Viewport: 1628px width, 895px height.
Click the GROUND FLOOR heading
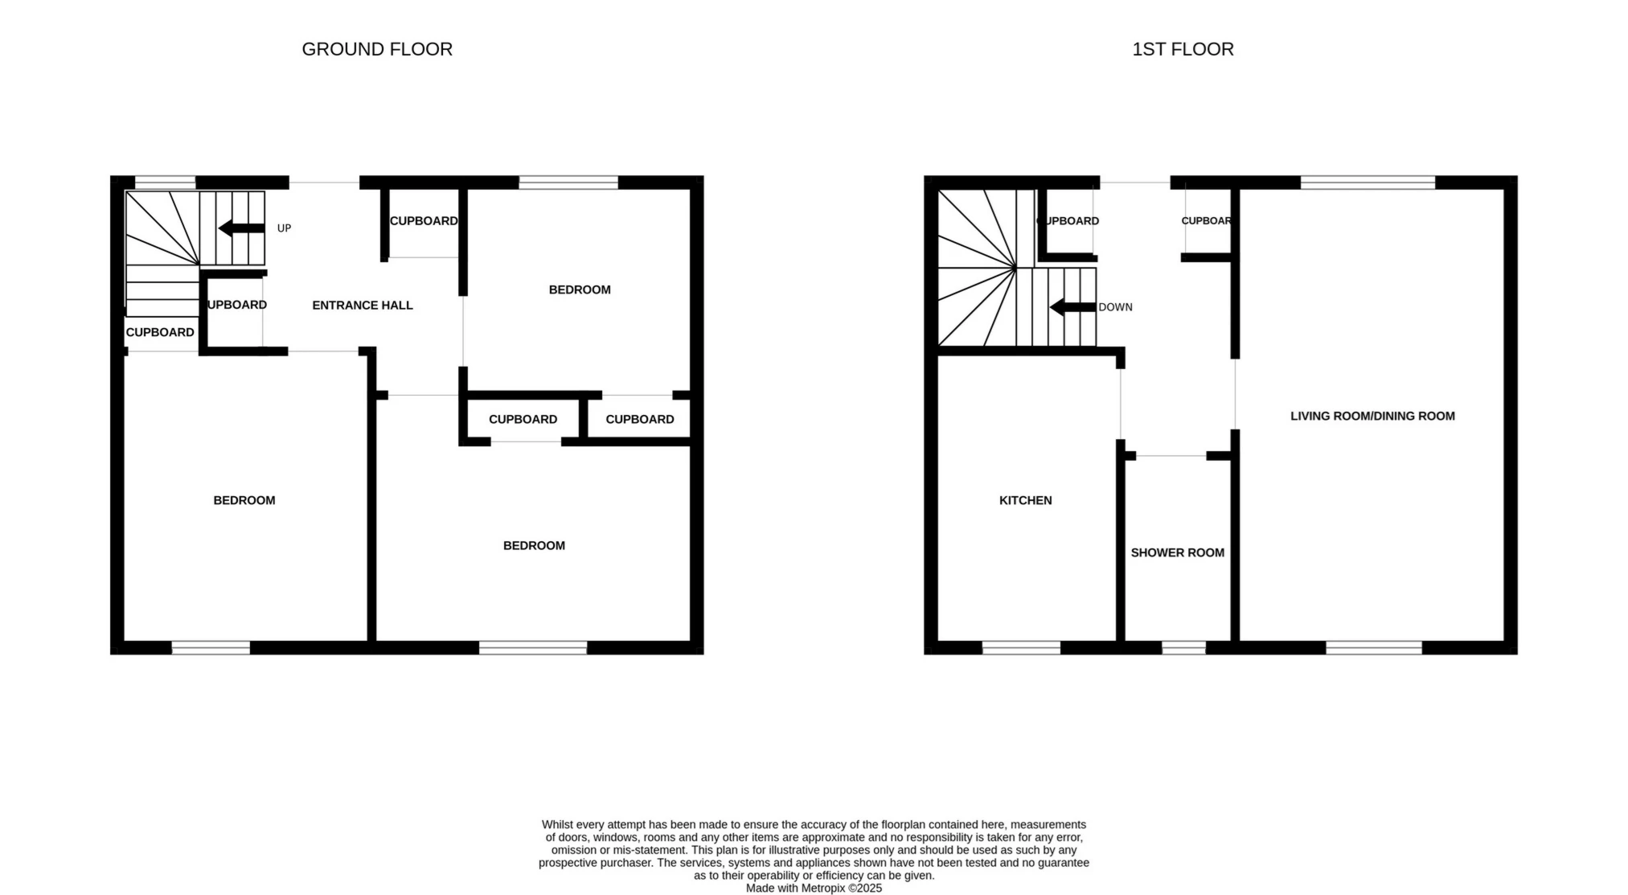pos(377,49)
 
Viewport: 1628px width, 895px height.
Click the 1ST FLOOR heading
pos(1183,49)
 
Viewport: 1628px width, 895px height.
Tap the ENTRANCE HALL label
pos(363,306)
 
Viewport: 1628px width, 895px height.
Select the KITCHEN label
pos(1025,500)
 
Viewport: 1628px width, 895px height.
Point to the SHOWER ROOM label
pos(1177,552)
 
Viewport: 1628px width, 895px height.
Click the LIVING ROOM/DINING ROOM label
pos(1372,416)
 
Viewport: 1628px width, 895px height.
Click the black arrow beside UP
pos(241,228)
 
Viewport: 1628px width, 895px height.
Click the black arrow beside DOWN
pos(1072,307)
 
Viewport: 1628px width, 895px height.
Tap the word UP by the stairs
pos(284,228)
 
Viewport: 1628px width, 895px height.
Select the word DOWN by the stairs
pos(1115,307)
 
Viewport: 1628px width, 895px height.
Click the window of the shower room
pos(1183,647)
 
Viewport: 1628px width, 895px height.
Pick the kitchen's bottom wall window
pos(1021,647)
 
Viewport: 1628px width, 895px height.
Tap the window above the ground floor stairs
pos(165,183)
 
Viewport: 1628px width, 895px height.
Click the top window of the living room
pos(1368,183)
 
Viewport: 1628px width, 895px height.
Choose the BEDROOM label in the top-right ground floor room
pos(580,289)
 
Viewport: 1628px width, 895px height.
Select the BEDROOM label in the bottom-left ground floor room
pos(244,500)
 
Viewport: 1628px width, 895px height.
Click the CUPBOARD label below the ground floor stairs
pos(160,332)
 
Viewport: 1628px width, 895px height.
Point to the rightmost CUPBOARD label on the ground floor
pos(640,419)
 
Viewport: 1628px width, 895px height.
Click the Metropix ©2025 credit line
pos(814,888)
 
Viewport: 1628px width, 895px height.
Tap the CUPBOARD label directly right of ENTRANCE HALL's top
pos(424,221)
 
